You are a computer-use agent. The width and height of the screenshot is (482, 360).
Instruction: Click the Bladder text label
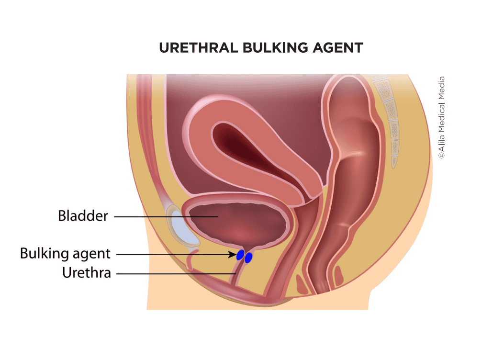(x=82, y=216)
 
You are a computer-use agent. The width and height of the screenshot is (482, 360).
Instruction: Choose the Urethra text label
(x=87, y=273)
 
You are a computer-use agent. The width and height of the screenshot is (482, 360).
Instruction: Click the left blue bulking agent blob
(x=241, y=254)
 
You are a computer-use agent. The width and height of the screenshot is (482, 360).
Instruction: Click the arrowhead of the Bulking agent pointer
(x=234, y=254)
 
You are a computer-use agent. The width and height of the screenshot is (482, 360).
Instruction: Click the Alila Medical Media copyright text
(x=441, y=117)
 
